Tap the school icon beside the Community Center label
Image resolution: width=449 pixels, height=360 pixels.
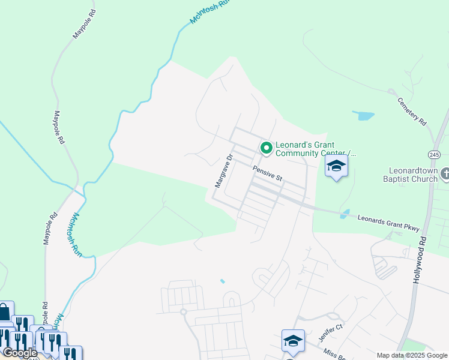[337, 166]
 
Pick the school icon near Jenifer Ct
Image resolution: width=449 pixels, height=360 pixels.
[293, 341]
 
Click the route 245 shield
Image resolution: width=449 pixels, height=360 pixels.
[435, 154]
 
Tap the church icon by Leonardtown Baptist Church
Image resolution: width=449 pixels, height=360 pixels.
[445, 174]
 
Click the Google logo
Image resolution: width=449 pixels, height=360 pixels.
[19, 353]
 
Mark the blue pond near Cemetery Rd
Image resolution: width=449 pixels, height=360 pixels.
[363, 115]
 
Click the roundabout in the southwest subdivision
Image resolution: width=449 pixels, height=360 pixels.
[184, 311]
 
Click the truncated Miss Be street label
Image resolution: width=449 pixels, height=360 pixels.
[333, 354]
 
